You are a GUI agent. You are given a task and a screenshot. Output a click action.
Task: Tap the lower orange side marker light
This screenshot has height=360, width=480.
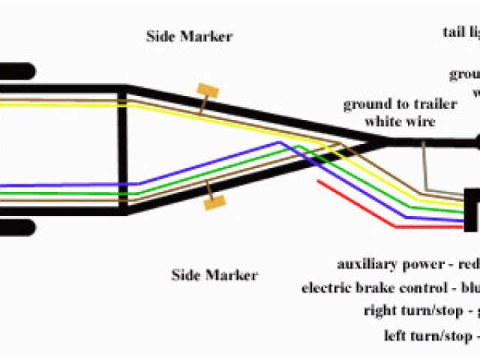click(x=214, y=201)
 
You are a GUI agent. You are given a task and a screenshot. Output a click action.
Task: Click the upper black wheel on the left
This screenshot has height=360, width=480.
click(x=16, y=73)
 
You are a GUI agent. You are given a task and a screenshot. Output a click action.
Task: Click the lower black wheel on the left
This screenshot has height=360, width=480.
click(x=16, y=226)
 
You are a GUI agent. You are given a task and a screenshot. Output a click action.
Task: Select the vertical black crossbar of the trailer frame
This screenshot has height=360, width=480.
click(x=121, y=150)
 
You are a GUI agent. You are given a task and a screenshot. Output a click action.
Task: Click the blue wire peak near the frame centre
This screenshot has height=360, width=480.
click(x=279, y=142)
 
